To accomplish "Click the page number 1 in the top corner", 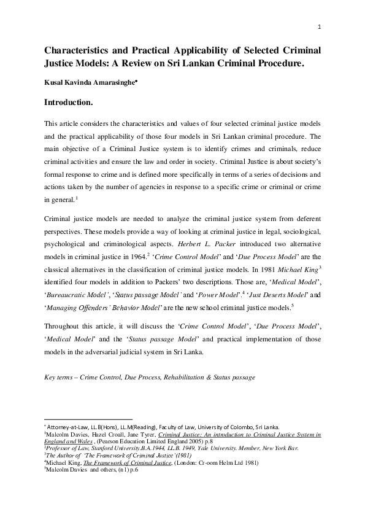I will pos(320,26).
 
